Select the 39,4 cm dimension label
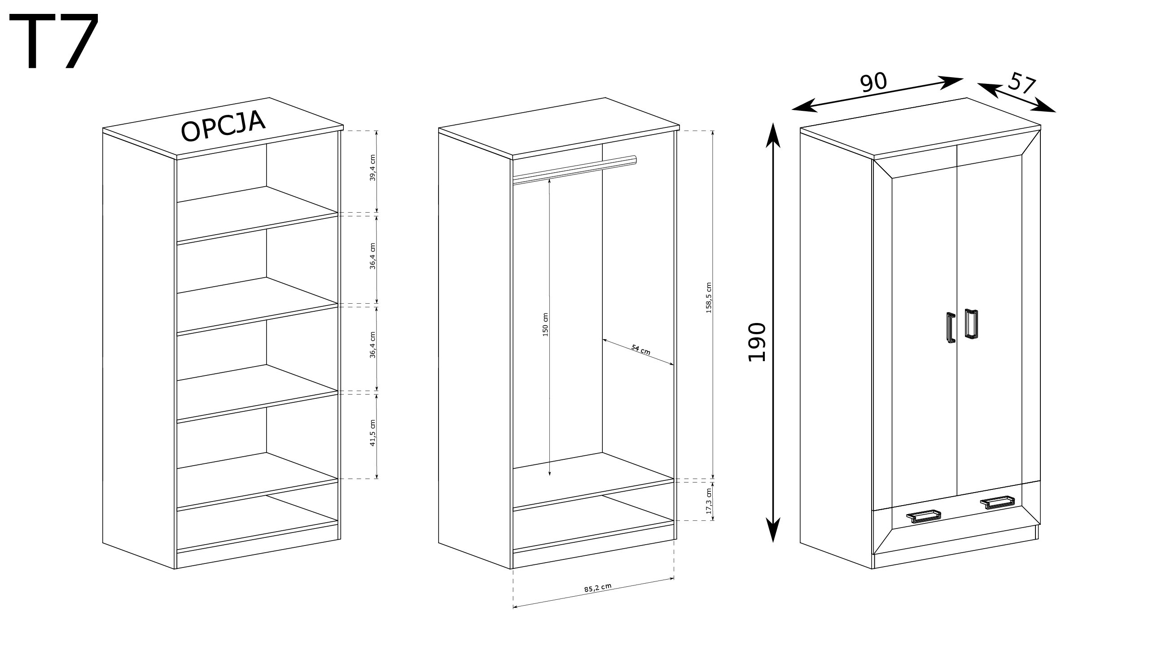click(373, 168)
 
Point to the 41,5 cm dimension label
click(373, 433)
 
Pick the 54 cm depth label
click(640, 349)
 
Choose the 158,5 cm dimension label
click(709, 298)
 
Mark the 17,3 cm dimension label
click(709, 501)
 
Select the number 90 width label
click(873, 83)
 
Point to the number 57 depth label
click(1022, 85)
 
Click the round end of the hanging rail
click(633, 160)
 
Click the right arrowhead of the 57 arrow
click(1044, 107)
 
